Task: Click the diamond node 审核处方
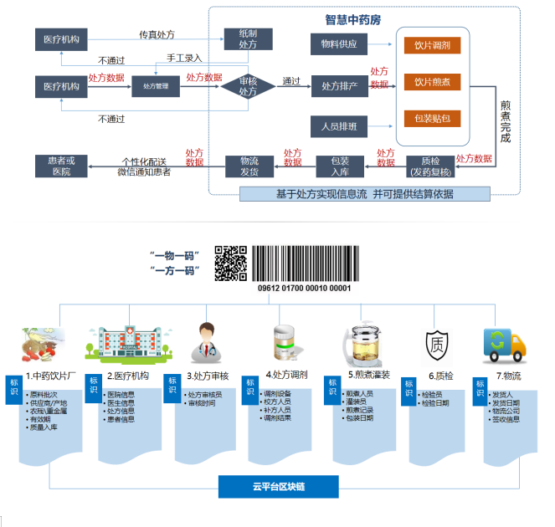click(x=249, y=86)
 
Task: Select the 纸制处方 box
click(x=249, y=38)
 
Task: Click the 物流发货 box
click(x=249, y=166)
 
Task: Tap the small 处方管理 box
click(x=156, y=86)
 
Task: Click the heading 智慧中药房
click(x=352, y=18)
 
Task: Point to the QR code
click(x=231, y=262)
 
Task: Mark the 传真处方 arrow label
click(x=157, y=35)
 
